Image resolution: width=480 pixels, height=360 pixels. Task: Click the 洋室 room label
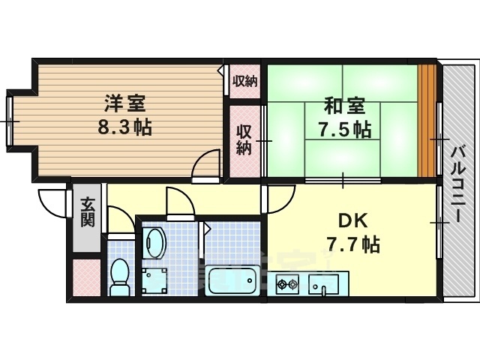click(125, 103)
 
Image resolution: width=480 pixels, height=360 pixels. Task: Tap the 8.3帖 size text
click(125, 127)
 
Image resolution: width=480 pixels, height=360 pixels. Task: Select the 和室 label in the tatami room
click(345, 106)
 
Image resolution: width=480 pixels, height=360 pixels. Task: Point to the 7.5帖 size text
click(345, 129)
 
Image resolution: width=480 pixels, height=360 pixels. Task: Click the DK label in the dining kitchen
click(353, 220)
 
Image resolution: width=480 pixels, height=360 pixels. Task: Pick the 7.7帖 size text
click(353, 244)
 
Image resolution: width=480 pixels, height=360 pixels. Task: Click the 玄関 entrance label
click(88, 212)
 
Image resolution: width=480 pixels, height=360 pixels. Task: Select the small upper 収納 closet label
click(245, 82)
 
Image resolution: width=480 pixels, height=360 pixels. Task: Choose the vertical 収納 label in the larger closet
click(244, 140)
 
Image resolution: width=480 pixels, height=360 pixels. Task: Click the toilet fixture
click(121, 277)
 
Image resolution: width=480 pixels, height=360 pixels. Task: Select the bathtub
click(232, 280)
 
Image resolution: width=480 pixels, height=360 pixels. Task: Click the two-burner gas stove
click(287, 284)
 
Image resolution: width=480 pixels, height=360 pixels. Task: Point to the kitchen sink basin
click(323, 284)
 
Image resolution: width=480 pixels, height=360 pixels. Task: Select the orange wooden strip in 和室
click(427, 121)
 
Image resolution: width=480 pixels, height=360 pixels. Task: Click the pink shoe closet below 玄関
click(87, 277)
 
